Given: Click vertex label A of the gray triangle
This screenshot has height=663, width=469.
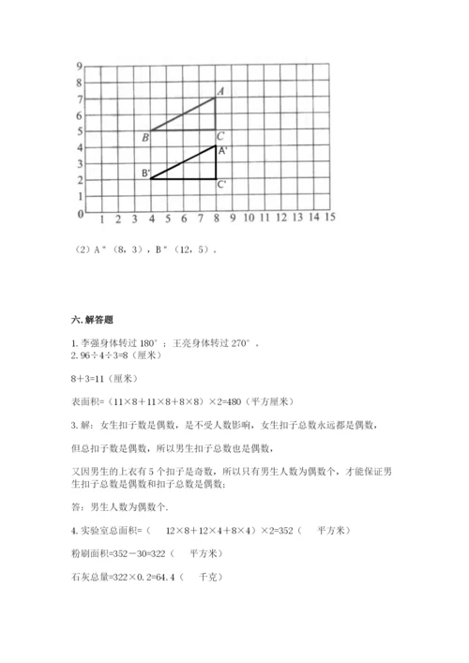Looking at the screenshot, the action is tap(220, 90).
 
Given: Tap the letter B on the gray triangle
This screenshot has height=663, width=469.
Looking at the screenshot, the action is tap(144, 138).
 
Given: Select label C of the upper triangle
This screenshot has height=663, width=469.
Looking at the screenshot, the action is tap(219, 137).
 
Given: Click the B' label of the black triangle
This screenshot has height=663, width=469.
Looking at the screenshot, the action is tap(145, 173).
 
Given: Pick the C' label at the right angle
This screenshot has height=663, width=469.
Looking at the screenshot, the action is tap(221, 185).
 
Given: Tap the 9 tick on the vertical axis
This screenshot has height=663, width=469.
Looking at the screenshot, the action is tap(82, 66).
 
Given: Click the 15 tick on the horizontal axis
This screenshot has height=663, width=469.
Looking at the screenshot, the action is tap(329, 218).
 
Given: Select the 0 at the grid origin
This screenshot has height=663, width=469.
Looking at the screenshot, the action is tap(82, 215).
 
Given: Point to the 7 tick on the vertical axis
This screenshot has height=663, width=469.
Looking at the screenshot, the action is tap(82, 98).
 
